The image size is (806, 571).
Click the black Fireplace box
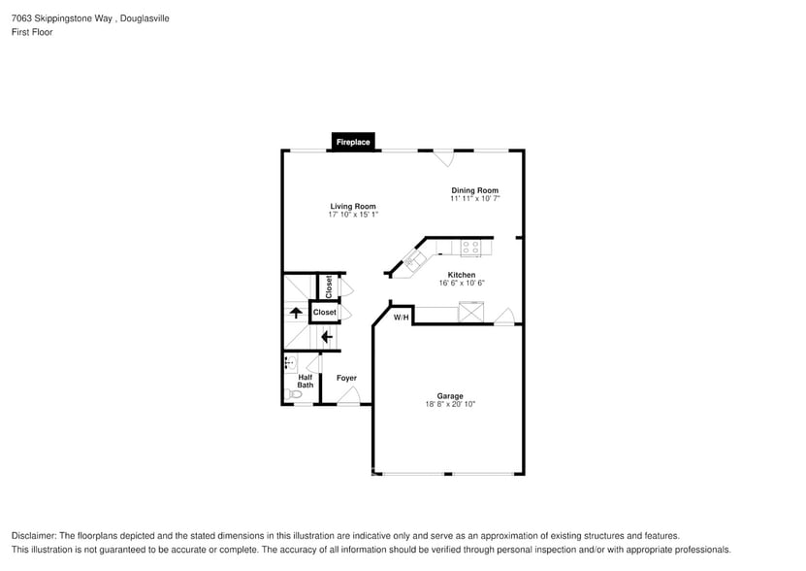pos(353,142)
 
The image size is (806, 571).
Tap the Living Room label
pos(352,206)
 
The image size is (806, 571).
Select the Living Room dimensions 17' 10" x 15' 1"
pos(352,215)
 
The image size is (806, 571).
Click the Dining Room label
pos(474,190)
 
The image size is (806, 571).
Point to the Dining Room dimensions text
pos(474,199)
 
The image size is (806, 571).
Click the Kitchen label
pos(461,275)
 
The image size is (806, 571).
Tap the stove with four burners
pos(471,249)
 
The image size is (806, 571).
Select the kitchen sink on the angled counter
pos(413,260)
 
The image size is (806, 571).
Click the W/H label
pos(401,318)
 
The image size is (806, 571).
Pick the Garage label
pos(449,395)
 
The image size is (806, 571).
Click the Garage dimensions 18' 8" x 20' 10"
pos(449,404)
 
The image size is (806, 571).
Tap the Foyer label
pos(346,378)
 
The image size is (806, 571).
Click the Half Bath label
pos(306,382)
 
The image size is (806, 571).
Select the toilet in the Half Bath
pos(294,394)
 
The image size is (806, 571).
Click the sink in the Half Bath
pos(289,363)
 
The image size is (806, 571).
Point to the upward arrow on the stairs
pos(297,313)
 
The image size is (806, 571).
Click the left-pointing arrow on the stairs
pos(326,337)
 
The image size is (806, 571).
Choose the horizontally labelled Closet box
pos(324,313)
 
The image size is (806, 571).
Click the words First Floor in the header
pos(32,32)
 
